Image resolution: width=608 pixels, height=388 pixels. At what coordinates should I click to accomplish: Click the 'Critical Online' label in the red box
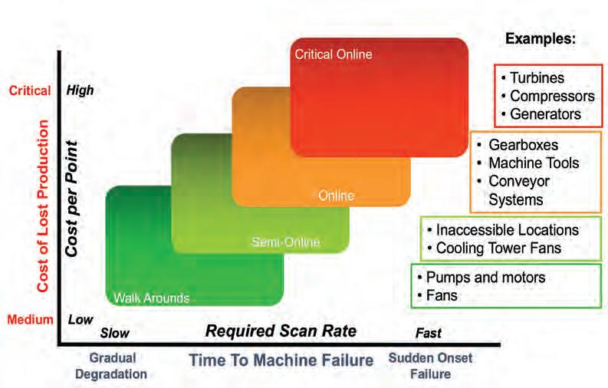(334, 54)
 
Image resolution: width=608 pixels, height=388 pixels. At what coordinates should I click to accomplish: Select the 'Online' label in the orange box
(337, 196)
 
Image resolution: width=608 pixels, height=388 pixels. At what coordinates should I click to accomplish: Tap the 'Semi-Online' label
(285, 243)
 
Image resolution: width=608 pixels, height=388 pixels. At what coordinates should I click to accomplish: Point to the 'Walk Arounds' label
(152, 298)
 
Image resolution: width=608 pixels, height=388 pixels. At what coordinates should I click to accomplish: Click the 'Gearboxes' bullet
(523, 145)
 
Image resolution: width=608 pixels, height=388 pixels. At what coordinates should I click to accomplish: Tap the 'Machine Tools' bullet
(533, 163)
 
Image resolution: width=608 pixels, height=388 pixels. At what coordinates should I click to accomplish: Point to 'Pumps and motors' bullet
(481, 277)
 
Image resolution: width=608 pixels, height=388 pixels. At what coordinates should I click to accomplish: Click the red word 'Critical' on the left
(30, 90)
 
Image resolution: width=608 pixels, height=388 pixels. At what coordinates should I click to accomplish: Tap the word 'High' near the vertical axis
(80, 90)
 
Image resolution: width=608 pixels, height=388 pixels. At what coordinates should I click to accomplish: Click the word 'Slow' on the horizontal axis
(115, 334)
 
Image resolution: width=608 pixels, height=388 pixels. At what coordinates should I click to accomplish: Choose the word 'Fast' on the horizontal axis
(429, 334)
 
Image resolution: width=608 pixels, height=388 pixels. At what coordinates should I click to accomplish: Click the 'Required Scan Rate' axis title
(281, 332)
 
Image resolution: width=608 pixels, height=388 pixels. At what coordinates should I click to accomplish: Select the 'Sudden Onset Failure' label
(430, 366)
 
